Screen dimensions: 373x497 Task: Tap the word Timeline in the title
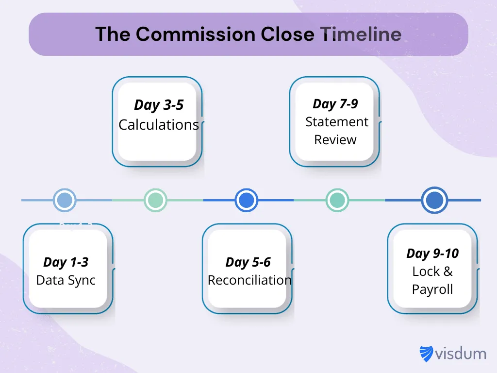tap(361, 34)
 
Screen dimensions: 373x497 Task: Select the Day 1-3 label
tap(66, 262)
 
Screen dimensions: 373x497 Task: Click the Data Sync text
tap(66, 280)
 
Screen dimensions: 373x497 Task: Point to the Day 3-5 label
tap(159, 105)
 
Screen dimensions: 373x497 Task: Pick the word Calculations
tap(159, 125)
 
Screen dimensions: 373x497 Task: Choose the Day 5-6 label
tap(248, 262)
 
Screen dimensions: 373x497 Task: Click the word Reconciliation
tap(249, 280)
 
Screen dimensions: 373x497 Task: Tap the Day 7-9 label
tap(335, 103)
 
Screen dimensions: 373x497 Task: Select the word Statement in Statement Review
tap(337, 122)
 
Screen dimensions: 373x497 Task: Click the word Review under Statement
tap(335, 140)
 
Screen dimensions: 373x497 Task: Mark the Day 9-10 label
tap(432, 253)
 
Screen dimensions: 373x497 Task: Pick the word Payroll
tap(432, 289)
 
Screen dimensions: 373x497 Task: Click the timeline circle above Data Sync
tap(65, 200)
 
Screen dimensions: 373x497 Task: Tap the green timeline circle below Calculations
tap(155, 200)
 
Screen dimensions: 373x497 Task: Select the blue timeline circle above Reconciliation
tap(246, 200)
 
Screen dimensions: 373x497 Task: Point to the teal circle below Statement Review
tap(337, 200)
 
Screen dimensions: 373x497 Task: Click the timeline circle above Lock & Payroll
tap(434, 200)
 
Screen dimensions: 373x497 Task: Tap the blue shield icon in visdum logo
tap(426, 354)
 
